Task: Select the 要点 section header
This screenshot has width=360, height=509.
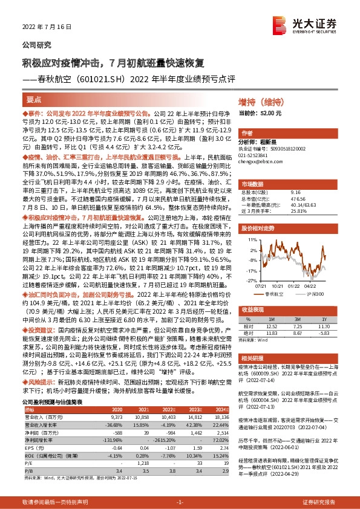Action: click(34, 100)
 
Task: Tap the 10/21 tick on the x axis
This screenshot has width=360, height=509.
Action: click(278, 287)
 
